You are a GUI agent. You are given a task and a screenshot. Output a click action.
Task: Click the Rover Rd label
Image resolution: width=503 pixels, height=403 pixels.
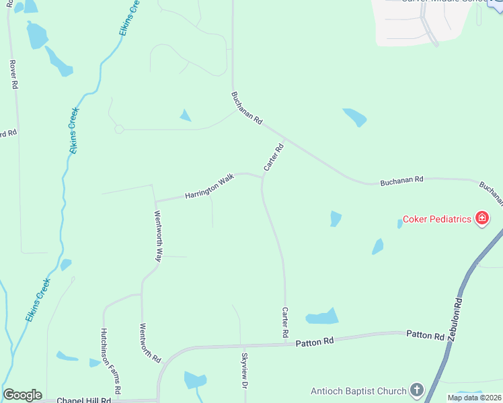[13, 75]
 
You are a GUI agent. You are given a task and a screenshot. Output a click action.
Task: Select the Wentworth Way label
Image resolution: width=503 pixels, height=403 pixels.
[159, 236]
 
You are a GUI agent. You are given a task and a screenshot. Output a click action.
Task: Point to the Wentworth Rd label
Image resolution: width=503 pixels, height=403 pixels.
[149, 343]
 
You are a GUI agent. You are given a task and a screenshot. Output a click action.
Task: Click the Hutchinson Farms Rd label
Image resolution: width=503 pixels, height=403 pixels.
[110, 361]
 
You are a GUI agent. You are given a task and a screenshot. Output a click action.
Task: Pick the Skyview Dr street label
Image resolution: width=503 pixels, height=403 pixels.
[245, 370]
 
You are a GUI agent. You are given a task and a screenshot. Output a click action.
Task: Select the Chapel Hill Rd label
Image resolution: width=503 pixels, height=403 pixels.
[83, 400]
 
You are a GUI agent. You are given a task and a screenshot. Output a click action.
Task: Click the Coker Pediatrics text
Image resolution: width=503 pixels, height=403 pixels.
[438, 219]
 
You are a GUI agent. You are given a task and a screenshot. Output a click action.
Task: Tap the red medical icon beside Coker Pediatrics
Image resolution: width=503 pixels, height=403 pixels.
[481, 218]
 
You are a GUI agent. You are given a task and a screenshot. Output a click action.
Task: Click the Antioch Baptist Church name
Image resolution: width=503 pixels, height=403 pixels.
[358, 391]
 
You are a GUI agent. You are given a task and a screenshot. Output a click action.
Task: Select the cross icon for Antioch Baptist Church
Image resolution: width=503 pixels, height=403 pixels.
[417, 390]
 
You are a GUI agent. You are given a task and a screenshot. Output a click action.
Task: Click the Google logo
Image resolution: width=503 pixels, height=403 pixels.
[22, 395]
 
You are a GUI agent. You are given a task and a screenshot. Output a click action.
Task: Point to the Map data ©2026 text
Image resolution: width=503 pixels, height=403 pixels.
[473, 398]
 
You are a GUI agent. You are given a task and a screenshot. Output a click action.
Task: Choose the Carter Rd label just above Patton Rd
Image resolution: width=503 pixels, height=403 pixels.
[285, 322]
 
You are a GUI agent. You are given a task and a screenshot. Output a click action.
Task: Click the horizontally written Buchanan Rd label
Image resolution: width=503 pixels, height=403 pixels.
[401, 180]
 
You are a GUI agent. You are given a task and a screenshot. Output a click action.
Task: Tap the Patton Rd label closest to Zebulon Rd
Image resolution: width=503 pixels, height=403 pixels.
[425, 335]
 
